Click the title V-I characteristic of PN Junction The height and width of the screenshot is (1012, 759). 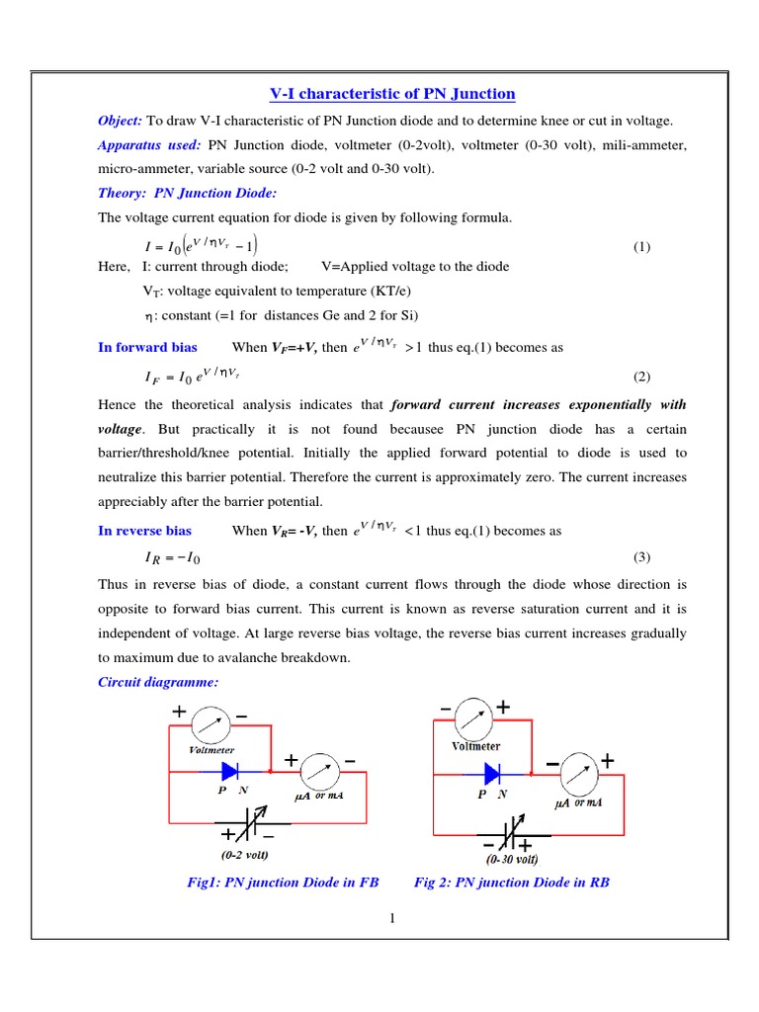pyautogui.click(x=392, y=94)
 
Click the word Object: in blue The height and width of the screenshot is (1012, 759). pyautogui.click(x=120, y=121)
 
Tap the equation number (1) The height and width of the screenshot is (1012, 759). pyautogui.click(x=641, y=246)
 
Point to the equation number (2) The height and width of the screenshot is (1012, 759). pyautogui.click(x=641, y=378)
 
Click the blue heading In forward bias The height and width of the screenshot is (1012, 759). pyautogui.click(x=147, y=347)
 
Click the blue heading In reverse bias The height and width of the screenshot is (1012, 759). pyautogui.click(x=145, y=531)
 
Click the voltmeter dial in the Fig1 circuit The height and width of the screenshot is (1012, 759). pyautogui.click(x=211, y=724)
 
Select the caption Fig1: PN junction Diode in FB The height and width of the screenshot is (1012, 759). pyautogui.click(x=283, y=883)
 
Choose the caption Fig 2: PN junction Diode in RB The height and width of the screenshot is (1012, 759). pyautogui.click(x=512, y=883)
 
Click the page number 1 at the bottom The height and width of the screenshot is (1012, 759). pyautogui.click(x=392, y=920)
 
